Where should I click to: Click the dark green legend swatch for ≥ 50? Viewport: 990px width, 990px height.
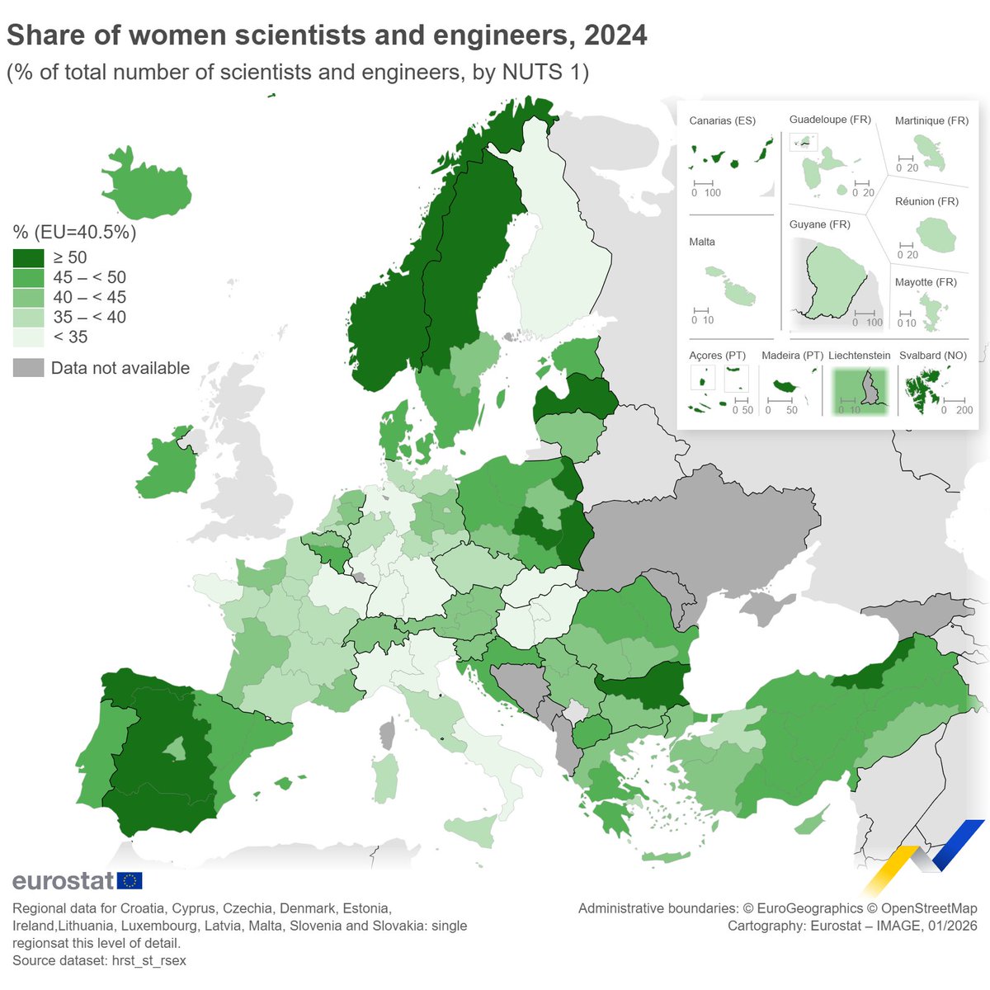(x=28, y=257)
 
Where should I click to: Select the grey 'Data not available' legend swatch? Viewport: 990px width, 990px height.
(x=28, y=368)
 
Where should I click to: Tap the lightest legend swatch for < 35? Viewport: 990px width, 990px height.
(x=28, y=337)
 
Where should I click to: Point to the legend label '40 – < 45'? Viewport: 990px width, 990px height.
(x=89, y=297)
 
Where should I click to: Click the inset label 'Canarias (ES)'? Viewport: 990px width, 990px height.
(x=722, y=120)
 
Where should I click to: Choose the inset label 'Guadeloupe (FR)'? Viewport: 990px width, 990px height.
(x=830, y=120)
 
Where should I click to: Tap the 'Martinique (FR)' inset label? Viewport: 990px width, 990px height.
(x=931, y=120)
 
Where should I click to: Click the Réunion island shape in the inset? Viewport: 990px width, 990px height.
(x=936, y=235)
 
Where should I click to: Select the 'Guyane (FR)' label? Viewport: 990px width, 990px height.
(x=819, y=224)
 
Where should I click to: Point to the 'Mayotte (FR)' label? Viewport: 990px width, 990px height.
(x=926, y=282)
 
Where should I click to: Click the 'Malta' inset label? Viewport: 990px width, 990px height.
(x=702, y=242)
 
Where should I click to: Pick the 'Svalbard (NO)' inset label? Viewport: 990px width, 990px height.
(x=932, y=356)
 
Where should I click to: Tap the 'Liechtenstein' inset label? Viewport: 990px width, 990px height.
(x=859, y=356)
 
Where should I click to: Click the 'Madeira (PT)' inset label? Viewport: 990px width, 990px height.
(x=792, y=356)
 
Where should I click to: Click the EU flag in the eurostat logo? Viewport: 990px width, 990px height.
(x=130, y=880)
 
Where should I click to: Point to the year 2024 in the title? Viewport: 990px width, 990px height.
(x=615, y=35)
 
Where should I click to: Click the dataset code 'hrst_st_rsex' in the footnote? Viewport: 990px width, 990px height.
(x=148, y=960)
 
